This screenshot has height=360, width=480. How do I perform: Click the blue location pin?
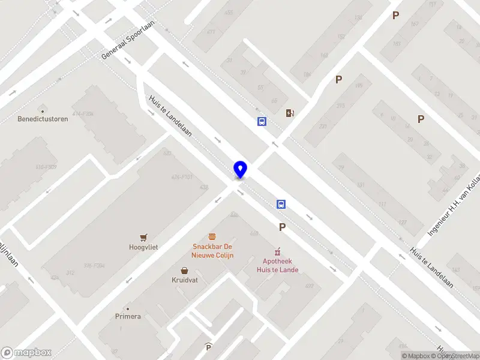tap(240, 169)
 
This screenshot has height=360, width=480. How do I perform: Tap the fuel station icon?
tap(290, 113)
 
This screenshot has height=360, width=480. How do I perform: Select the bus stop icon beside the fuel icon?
tap(262, 121)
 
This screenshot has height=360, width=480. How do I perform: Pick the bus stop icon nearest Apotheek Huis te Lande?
tap(281, 204)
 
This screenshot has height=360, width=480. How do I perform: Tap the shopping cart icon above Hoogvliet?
tap(143, 238)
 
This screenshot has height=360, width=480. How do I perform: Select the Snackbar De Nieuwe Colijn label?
tap(212, 251)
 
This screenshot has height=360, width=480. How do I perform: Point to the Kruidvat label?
tap(185, 280)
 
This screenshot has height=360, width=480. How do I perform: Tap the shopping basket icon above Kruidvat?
tap(185, 271)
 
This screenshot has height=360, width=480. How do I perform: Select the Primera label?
tap(128, 316)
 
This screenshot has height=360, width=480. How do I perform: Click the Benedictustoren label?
tap(43, 119)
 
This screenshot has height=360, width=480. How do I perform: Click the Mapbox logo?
tap(26, 353)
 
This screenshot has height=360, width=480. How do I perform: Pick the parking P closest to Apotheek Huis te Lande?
tap(282, 227)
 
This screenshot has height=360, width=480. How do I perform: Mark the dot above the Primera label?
tap(128, 308)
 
